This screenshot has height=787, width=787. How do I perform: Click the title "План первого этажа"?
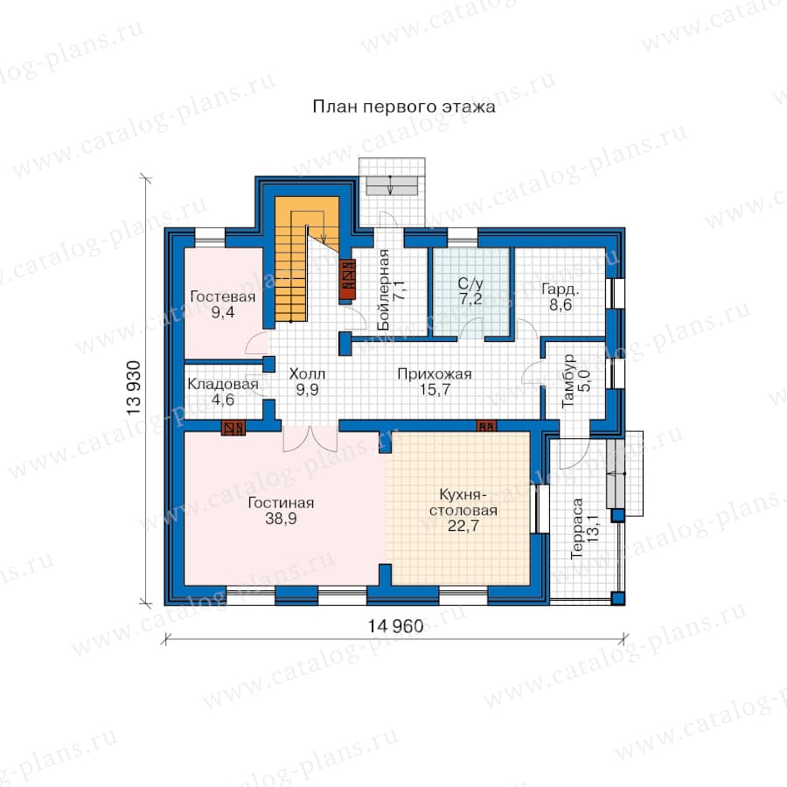[404, 107]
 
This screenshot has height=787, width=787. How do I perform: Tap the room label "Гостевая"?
[223, 296]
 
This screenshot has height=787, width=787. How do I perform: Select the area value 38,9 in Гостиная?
[281, 519]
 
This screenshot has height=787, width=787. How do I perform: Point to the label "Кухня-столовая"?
[463, 503]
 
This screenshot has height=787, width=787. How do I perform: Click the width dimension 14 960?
[395, 626]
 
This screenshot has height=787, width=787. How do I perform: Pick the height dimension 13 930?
[134, 387]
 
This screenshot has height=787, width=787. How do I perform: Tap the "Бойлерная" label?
[384, 289]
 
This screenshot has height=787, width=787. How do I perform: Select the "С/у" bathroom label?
[470, 283]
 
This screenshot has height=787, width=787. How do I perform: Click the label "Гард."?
[561, 289]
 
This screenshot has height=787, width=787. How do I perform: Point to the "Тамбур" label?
[568, 380]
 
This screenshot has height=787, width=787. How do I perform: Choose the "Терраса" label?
[577, 528]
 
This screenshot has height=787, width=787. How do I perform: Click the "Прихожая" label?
[435, 374]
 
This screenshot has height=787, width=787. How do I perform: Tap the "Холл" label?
[307, 374]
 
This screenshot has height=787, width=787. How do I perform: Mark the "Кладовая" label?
[223, 385]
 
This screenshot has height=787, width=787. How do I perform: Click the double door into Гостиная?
[310, 439]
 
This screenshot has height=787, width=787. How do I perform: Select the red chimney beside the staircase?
[347, 280]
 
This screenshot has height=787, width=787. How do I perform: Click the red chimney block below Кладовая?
[233, 428]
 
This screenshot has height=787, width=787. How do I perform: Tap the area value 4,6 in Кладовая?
[223, 400]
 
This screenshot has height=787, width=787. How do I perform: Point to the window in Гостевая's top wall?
[210, 237]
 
